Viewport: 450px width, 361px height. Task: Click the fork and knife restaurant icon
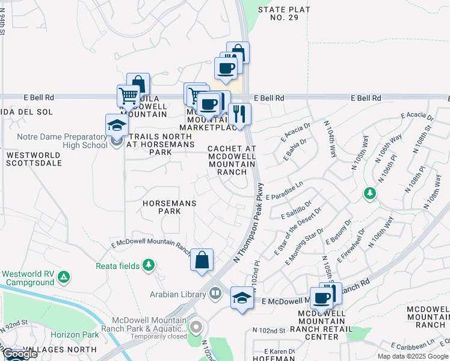pos(239,114)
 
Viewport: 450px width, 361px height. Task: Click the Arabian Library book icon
pos(215,294)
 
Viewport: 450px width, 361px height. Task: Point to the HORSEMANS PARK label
pos(170,208)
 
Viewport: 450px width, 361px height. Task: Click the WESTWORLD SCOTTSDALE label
pos(34,159)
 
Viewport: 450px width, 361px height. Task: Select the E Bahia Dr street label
pos(293,151)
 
